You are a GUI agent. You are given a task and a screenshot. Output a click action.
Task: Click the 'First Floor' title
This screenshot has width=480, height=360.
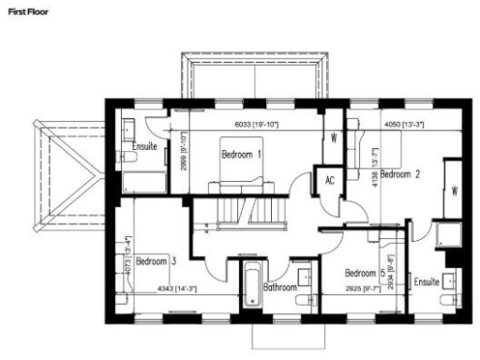click(x=22, y=10)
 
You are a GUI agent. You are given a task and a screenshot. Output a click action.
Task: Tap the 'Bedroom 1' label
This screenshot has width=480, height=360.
click(x=241, y=153)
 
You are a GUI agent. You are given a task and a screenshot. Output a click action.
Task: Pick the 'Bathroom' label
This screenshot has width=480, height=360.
click(x=279, y=287)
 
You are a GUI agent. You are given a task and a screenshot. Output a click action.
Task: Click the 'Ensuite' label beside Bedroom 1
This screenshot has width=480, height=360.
click(x=144, y=146)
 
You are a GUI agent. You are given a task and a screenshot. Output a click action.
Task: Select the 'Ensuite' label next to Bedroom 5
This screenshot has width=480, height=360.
click(x=427, y=280)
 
